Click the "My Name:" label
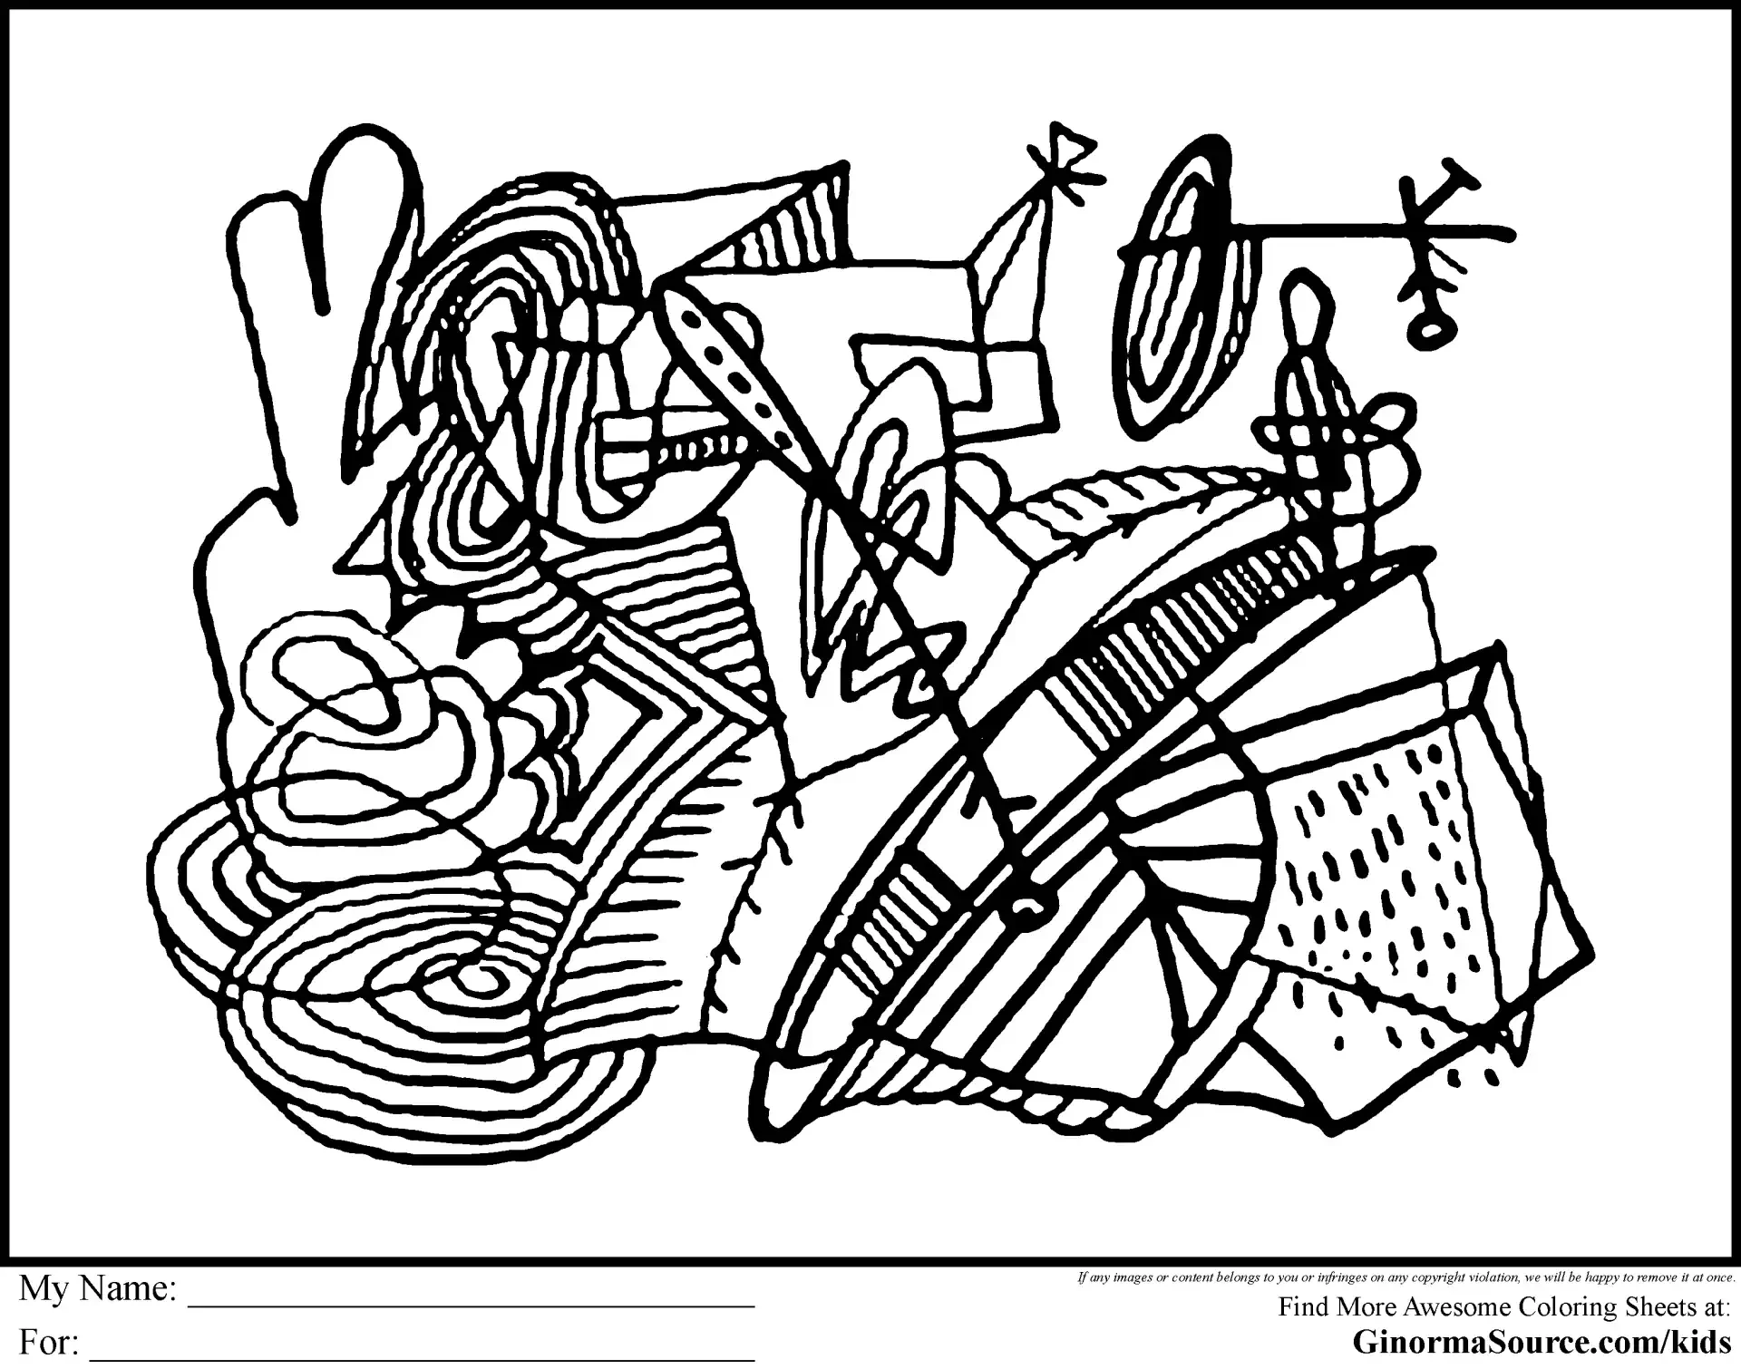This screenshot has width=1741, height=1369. point(98,1288)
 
